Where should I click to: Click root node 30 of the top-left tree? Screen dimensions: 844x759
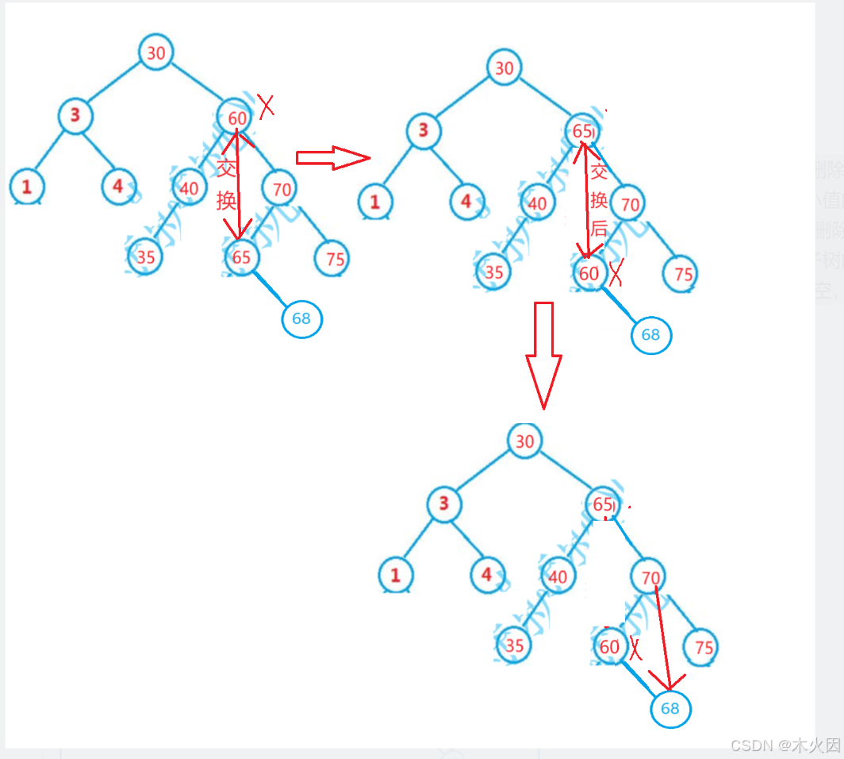(x=156, y=52)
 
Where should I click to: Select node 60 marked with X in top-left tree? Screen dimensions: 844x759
(x=236, y=118)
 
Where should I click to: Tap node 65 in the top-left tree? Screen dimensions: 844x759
(x=242, y=256)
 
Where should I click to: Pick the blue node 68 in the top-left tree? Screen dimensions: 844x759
(x=301, y=318)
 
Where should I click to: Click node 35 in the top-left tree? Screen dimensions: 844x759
(x=145, y=256)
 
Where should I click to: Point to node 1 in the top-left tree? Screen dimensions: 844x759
(x=27, y=187)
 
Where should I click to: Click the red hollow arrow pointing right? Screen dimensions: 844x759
(x=332, y=157)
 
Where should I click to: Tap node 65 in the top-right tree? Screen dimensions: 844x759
(x=583, y=131)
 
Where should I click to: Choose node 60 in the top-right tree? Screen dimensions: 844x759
(x=589, y=273)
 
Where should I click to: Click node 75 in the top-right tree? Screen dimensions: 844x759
(x=682, y=274)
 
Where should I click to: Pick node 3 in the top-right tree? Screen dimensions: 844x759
(x=424, y=130)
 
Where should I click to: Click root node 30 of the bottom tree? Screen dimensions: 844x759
(x=525, y=441)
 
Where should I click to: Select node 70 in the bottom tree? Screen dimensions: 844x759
(x=650, y=577)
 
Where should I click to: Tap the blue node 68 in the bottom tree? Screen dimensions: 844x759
(x=670, y=708)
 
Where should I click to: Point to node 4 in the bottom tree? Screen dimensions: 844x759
(x=487, y=575)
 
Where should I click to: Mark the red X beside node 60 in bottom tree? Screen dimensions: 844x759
(x=635, y=648)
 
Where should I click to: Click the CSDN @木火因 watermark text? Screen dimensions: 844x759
(x=785, y=745)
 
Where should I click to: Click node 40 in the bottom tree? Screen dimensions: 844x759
(x=558, y=576)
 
